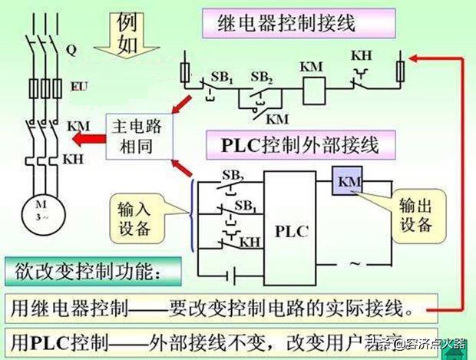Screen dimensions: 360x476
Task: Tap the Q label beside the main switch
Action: point(71,51)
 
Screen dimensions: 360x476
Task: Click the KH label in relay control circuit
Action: point(362,56)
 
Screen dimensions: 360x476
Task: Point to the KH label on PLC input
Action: point(250,242)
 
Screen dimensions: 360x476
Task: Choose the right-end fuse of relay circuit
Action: point(398,73)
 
